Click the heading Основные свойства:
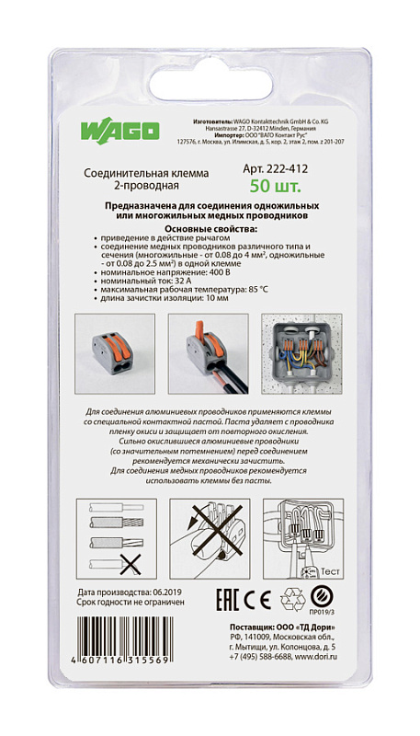pyautogui.click(x=209, y=229)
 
